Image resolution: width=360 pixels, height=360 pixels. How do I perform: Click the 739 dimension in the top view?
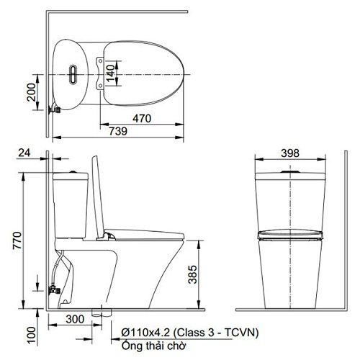click(x=119, y=131)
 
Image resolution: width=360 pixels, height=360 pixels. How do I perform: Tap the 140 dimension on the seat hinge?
click(x=109, y=72)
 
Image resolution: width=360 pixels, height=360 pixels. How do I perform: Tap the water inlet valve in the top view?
click(x=53, y=111)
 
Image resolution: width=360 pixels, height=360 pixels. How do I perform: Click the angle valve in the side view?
click(x=53, y=291)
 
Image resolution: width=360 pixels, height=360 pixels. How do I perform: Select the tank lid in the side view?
click(x=71, y=174)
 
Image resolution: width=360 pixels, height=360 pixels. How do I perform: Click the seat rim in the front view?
click(x=289, y=234)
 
